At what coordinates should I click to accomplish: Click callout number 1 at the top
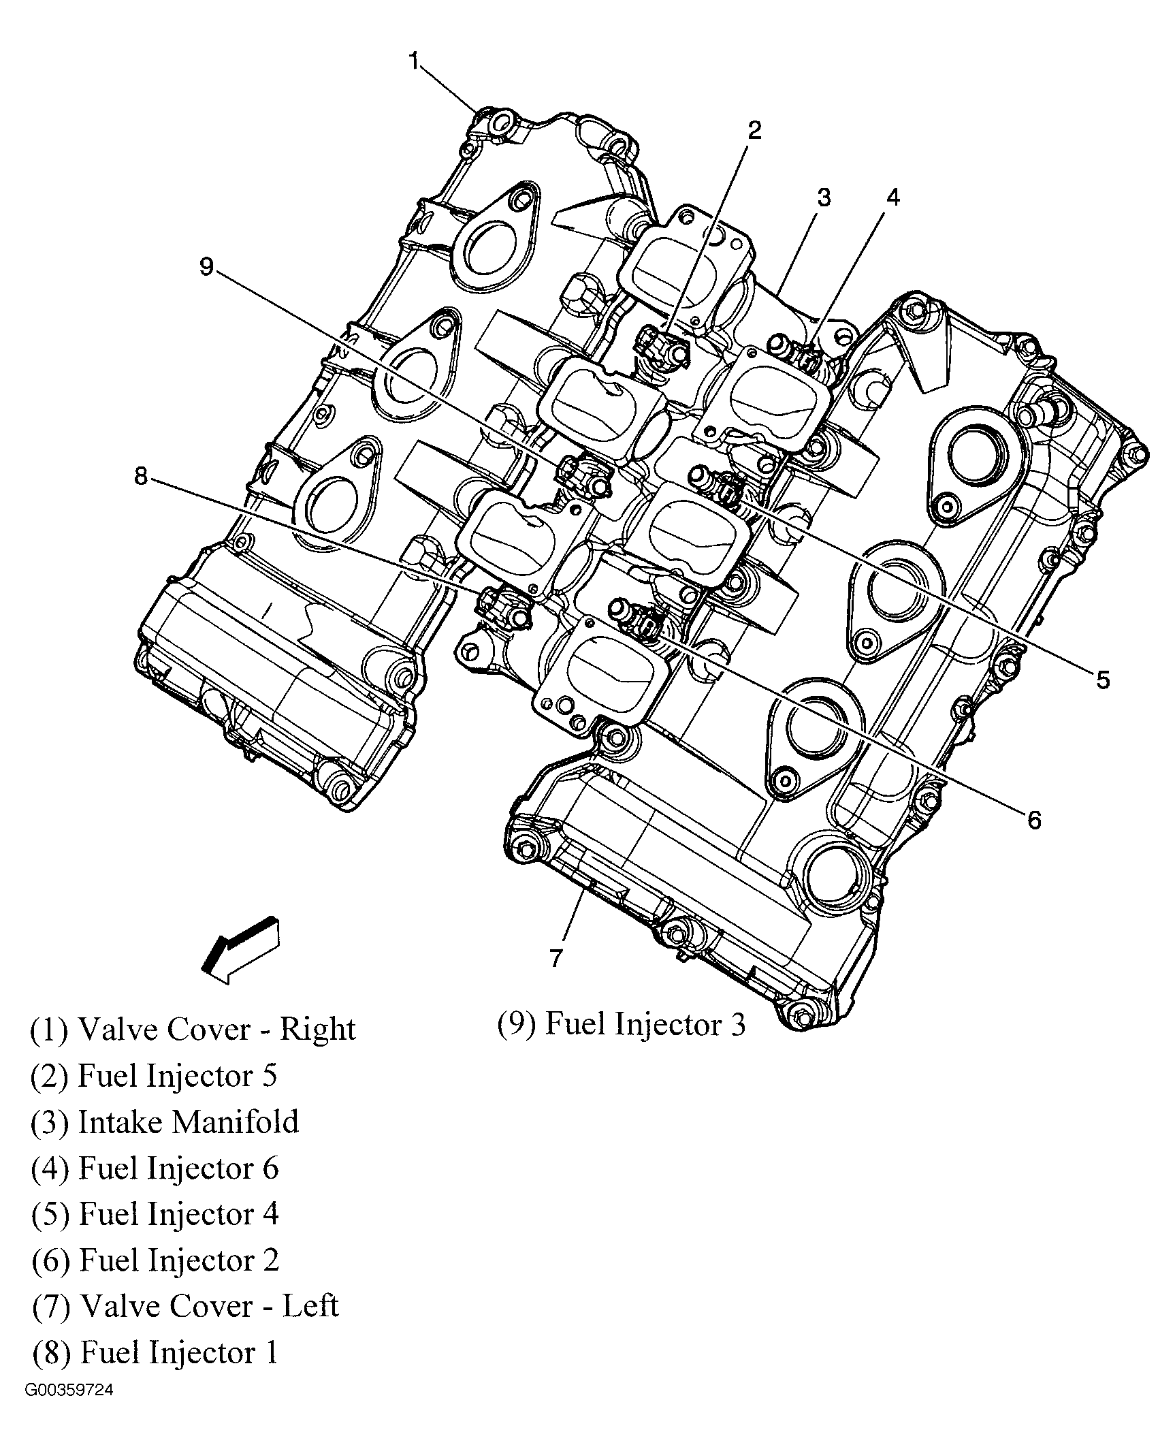click(413, 61)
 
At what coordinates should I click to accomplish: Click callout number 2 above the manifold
click(754, 130)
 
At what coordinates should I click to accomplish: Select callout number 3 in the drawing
click(824, 198)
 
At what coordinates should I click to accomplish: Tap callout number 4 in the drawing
click(892, 197)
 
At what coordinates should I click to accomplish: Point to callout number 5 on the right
click(1102, 679)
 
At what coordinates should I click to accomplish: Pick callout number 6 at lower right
click(1034, 820)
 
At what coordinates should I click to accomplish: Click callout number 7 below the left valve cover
click(556, 959)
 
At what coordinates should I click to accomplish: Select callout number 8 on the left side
click(140, 476)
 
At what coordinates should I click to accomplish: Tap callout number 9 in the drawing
click(206, 266)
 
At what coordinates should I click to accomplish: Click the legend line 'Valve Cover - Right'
click(193, 1029)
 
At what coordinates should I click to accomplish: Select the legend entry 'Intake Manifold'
click(165, 1122)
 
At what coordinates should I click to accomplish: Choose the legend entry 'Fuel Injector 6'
click(155, 1168)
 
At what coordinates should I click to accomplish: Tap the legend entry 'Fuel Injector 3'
click(621, 1024)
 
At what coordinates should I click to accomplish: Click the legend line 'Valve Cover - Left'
click(185, 1306)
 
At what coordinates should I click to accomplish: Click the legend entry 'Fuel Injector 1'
click(155, 1352)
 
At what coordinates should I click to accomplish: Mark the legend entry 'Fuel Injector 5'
click(155, 1075)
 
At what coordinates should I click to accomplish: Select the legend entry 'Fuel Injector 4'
click(155, 1213)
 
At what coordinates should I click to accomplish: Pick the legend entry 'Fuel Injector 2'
click(155, 1260)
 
